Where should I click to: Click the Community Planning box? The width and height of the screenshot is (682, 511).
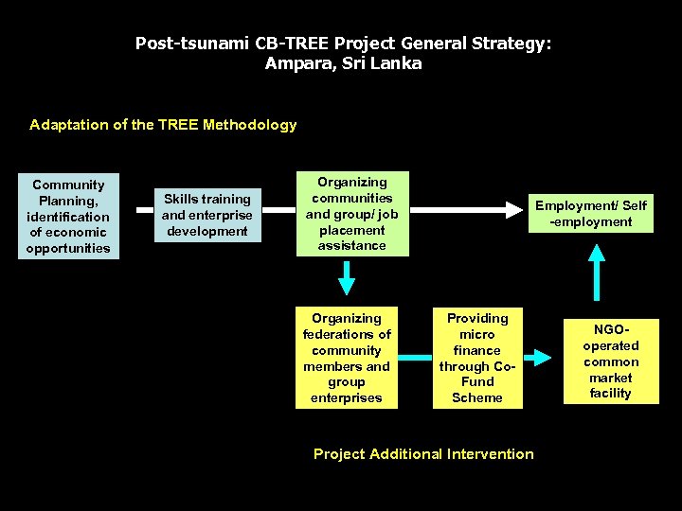(x=68, y=217)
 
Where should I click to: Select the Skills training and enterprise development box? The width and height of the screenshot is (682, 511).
(x=207, y=215)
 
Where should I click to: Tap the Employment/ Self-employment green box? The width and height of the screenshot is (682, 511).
(x=591, y=214)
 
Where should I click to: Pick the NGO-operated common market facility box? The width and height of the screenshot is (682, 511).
(x=610, y=361)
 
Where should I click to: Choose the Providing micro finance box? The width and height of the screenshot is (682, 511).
(x=477, y=358)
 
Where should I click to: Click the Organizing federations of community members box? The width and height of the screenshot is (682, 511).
(x=347, y=358)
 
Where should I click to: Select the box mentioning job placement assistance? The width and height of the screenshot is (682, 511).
(x=352, y=214)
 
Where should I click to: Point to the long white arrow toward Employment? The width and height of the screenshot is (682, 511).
(x=460, y=207)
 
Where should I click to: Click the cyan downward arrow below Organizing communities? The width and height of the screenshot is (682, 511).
(x=347, y=277)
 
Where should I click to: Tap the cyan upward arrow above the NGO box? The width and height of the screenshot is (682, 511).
(x=597, y=273)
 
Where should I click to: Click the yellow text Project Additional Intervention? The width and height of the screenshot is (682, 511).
(x=423, y=454)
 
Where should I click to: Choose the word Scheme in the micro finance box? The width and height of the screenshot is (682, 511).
(x=477, y=398)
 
